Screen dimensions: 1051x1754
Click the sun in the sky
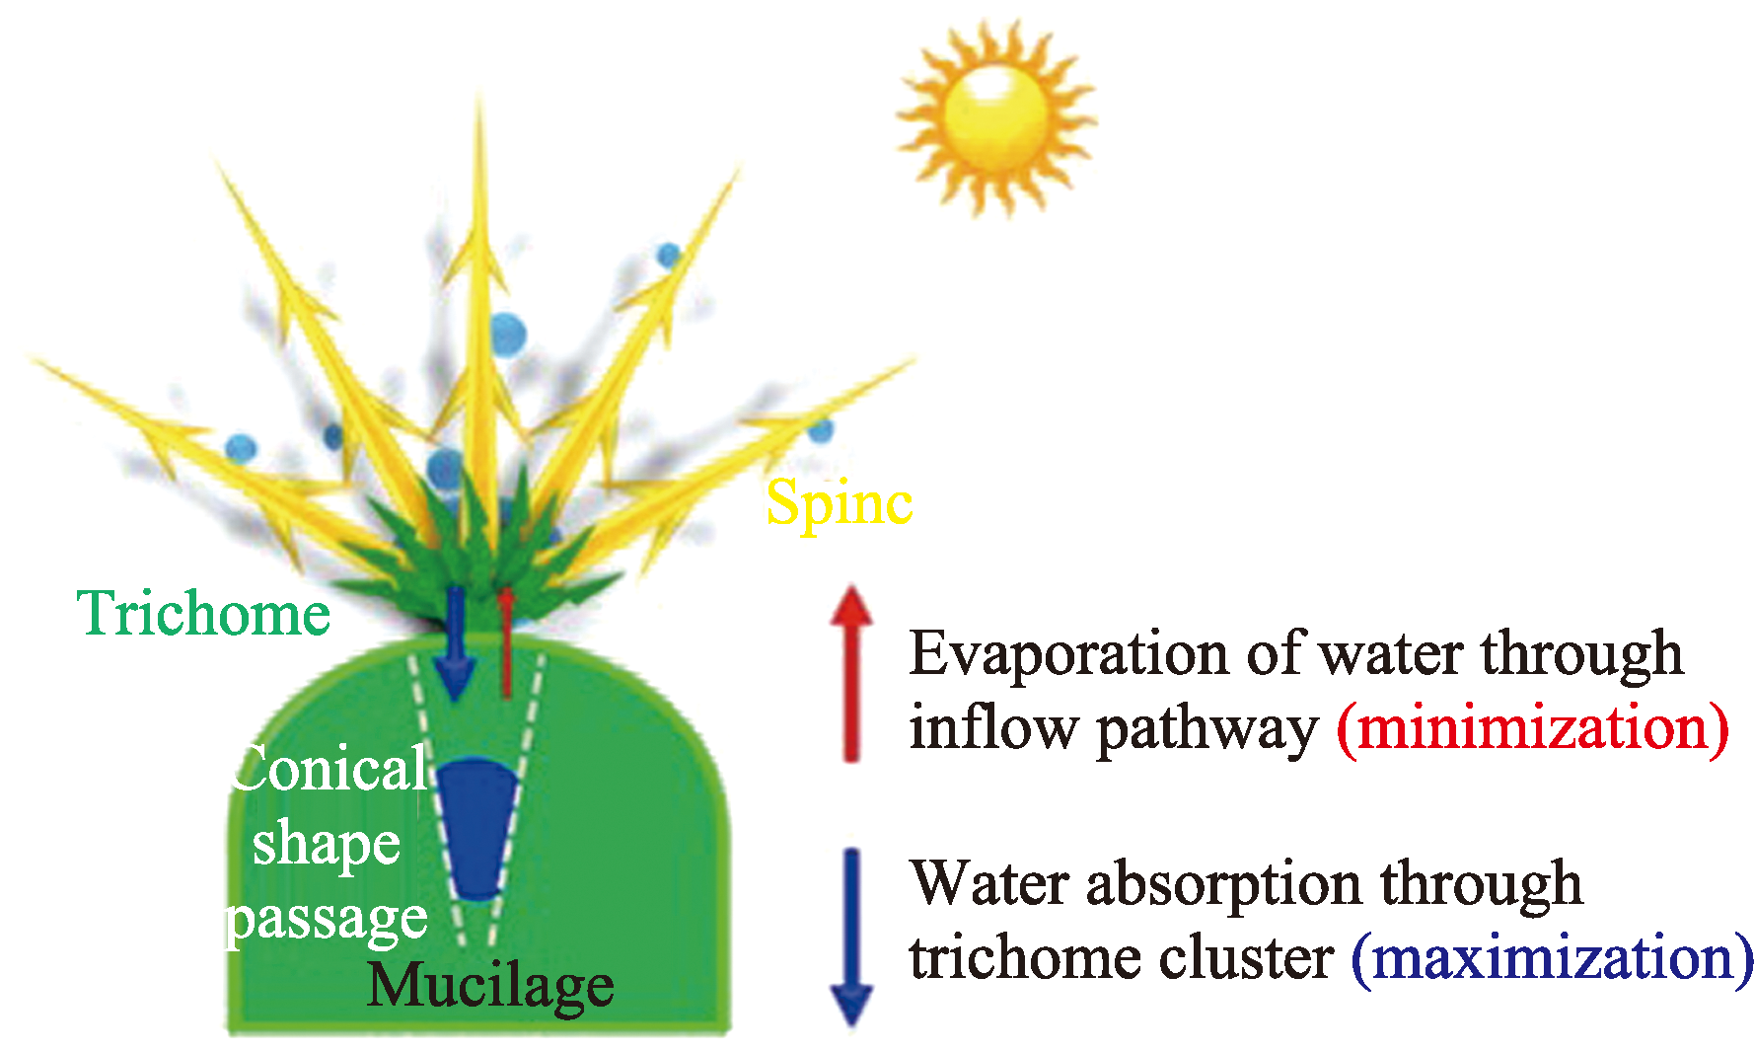[996, 117]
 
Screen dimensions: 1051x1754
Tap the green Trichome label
[203, 613]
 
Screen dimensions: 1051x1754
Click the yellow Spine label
[840, 504]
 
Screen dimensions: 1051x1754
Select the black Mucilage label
[490, 985]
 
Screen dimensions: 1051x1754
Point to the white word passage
[327, 920]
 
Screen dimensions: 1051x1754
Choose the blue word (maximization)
[1552, 957]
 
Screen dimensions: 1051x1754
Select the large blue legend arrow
[851, 938]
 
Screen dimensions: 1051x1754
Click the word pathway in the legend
[1208, 730]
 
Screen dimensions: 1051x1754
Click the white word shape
[327, 845]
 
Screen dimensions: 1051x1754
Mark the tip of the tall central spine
[480, 99]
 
